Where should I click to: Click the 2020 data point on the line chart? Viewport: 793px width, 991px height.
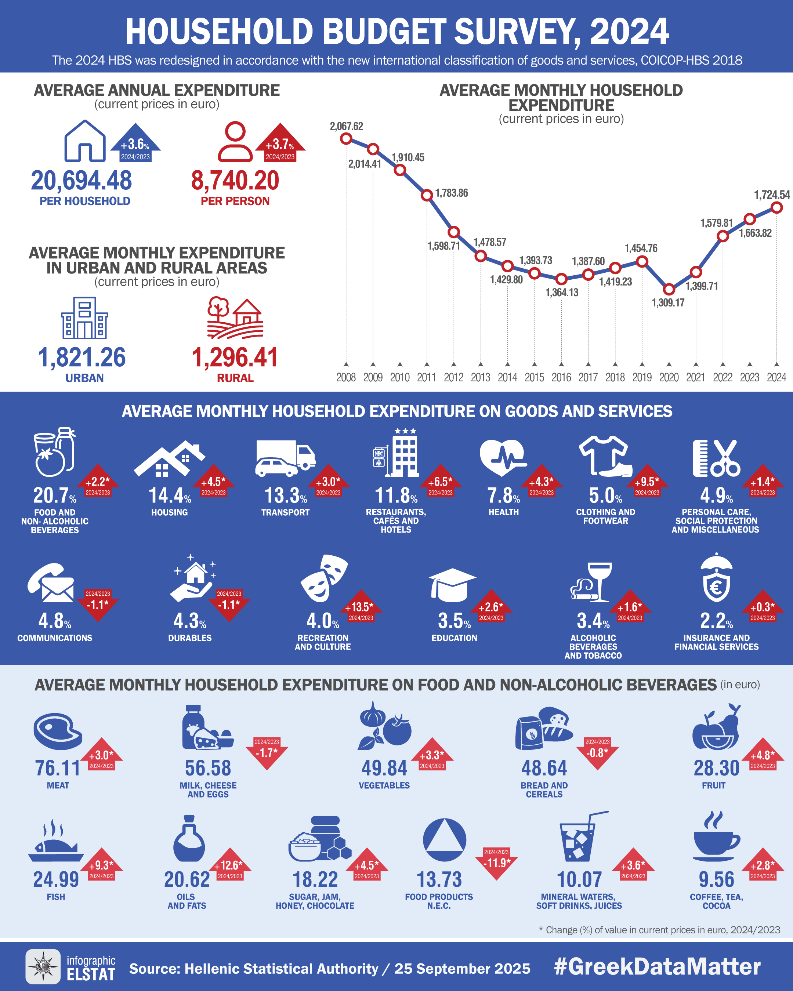(669, 289)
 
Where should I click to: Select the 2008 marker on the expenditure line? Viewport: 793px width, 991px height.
(346, 138)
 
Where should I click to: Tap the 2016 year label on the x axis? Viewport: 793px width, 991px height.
(561, 377)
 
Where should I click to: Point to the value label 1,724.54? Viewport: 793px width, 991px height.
(772, 195)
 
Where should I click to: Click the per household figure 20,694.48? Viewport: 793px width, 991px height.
(82, 180)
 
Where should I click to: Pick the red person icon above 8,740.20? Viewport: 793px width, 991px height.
(235, 142)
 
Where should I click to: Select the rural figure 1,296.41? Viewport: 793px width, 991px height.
(235, 357)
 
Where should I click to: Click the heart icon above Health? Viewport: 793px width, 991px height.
(503, 457)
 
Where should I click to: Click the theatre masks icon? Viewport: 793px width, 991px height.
(324, 578)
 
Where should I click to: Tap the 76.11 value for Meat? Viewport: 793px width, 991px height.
(58, 768)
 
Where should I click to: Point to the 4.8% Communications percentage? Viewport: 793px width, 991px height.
(54, 621)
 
